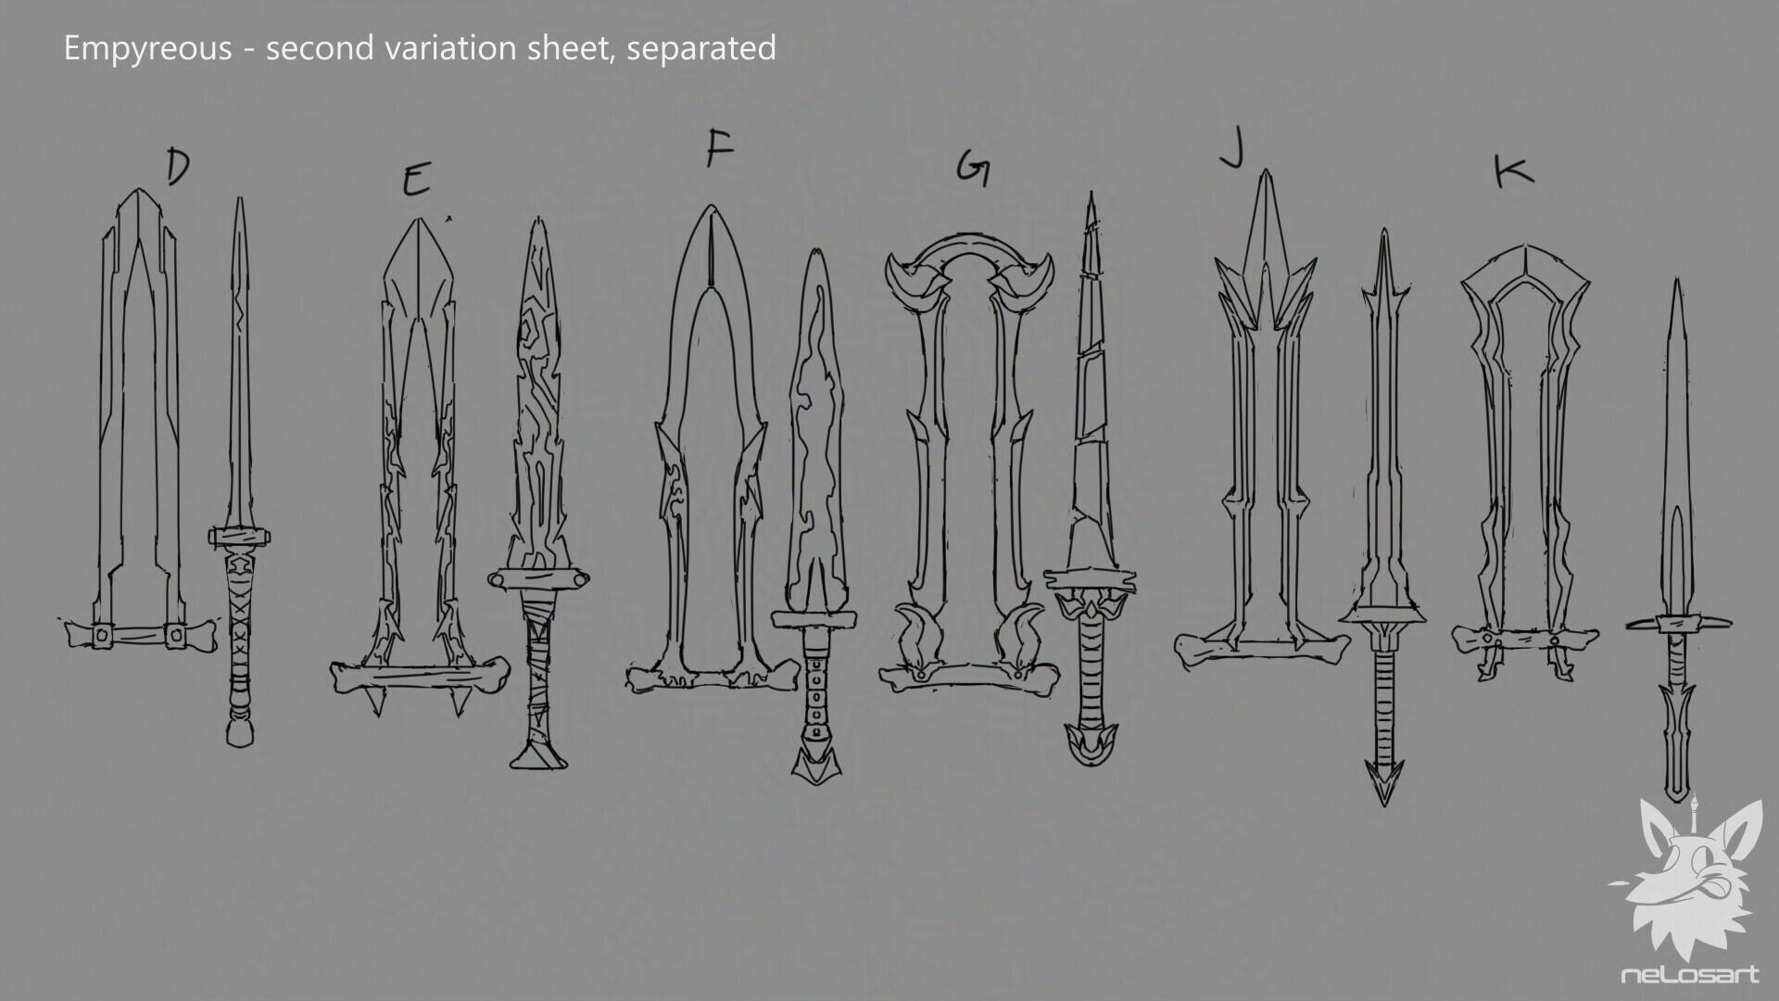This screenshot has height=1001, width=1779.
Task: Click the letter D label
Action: (x=178, y=166)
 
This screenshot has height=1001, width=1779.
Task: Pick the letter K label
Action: (x=1514, y=172)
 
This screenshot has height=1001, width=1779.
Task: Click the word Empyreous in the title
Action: (x=147, y=48)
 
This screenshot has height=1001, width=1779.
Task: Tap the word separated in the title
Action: (x=701, y=48)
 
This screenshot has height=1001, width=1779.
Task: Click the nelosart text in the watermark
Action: (x=1689, y=974)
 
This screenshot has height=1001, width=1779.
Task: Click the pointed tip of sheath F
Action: (x=711, y=208)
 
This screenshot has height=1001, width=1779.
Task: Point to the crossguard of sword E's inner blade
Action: (x=538, y=578)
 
